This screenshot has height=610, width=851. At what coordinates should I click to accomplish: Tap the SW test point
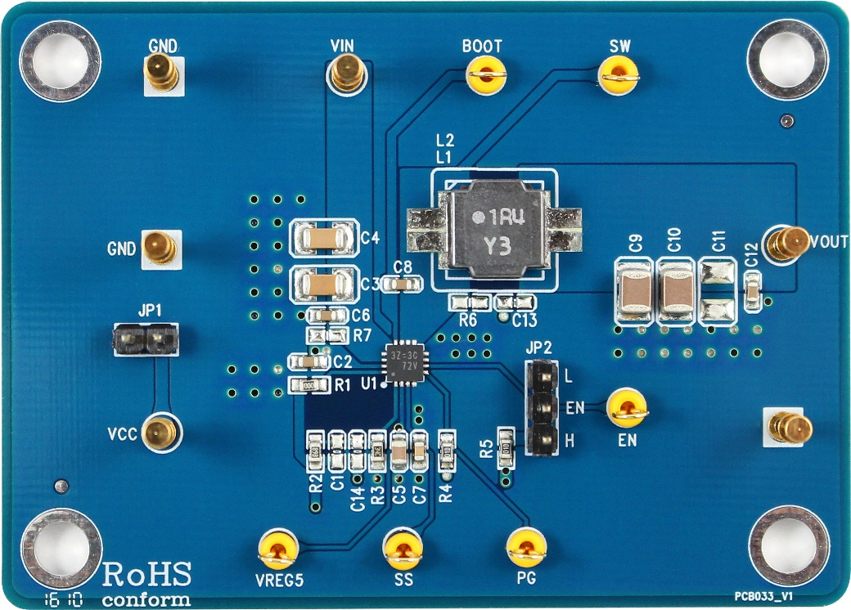point(619,78)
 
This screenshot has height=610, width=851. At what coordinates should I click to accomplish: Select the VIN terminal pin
point(348,76)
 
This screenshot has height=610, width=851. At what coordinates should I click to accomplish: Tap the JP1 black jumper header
point(145,339)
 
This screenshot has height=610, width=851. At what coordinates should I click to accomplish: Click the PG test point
point(525,547)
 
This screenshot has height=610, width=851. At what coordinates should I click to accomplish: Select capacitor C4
point(326,238)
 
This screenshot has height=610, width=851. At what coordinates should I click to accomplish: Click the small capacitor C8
point(402,285)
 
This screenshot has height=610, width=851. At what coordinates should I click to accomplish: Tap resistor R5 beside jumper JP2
point(506,446)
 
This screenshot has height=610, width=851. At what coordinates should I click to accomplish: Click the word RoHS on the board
point(147,574)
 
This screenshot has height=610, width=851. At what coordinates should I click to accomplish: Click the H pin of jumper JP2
point(542,440)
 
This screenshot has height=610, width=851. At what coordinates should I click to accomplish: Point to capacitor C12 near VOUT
point(753,292)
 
